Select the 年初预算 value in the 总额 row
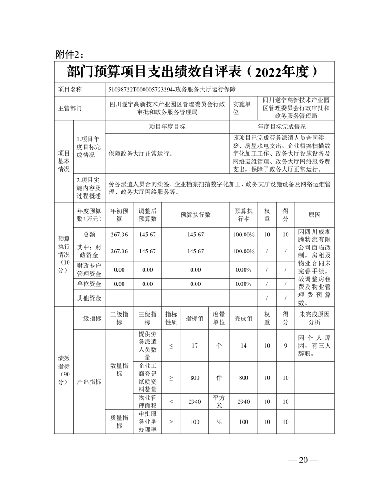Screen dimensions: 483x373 (119, 235)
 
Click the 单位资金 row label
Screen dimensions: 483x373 (89, 284)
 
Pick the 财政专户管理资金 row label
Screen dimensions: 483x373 (89, 269)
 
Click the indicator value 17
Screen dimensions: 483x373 (195, 346)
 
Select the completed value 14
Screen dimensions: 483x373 (244, 346)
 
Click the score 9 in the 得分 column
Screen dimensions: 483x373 (285, 346)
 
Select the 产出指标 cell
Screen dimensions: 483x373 (89, 381)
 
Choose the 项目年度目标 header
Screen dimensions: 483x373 (167, 127)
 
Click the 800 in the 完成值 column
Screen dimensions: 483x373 (244, 378)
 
